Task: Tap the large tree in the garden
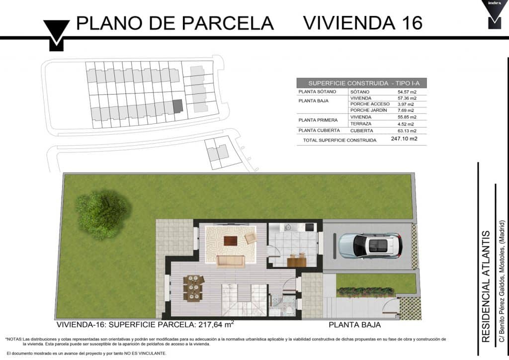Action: [103, 215]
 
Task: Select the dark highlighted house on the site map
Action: [177, 106]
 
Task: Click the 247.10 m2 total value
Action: [404, 139]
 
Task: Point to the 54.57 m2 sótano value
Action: [407, 92]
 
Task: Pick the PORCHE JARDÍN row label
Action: [368, 110]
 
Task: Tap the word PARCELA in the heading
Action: [227, 23]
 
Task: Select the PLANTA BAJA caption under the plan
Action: [354, 325]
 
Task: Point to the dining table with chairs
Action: [193, 288]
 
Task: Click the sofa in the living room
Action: [231, 262]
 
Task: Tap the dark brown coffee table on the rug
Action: [231, 241]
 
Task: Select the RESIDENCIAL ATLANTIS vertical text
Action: [486, 286]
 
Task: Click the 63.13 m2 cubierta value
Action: [407, 131]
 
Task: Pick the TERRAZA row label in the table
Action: [361, 124]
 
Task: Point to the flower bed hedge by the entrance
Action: [365, 292]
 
